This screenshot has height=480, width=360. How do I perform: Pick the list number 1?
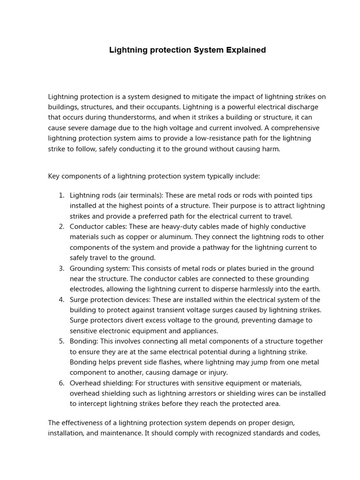click(61, 195)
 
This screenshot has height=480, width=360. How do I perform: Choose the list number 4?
click(61, 300)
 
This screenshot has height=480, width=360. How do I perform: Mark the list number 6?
click(61, 383)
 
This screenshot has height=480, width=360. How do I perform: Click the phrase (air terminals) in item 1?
click(134, 195)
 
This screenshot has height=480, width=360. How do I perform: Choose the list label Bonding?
click(84, 342)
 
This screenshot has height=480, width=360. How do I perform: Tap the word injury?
click(217, 373)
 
